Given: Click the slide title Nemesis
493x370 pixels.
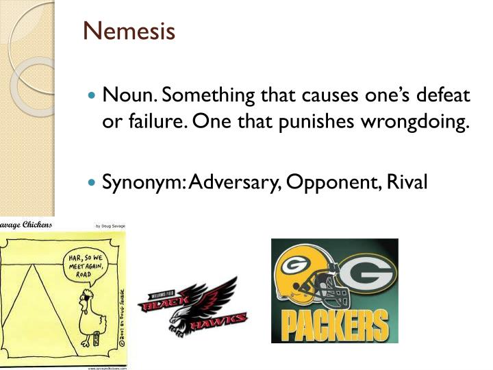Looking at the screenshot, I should (129, 32).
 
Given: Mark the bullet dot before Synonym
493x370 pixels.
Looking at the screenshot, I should (94, 183).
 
